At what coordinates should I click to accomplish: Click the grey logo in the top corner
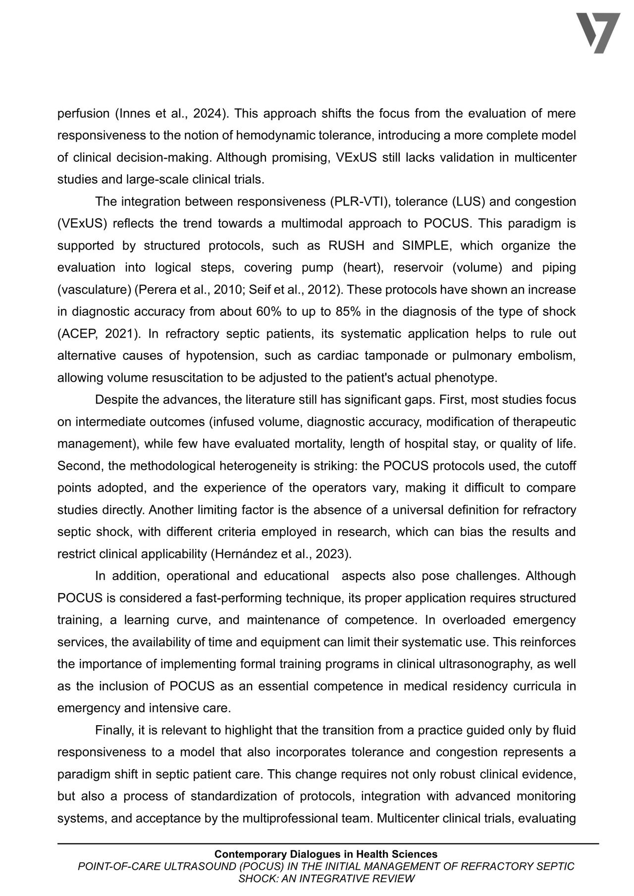598,33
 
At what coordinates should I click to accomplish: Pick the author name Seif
259,290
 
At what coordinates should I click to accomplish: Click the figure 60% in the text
268,312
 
